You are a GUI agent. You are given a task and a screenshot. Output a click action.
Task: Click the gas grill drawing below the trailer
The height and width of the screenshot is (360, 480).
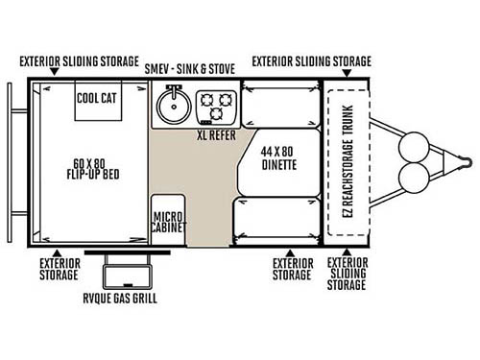click(x=120, y=274)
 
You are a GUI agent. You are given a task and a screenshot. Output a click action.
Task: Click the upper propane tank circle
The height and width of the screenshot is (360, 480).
click(x=416, y=146)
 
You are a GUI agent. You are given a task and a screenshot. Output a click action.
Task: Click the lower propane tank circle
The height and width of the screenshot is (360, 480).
click(x=416, y=179)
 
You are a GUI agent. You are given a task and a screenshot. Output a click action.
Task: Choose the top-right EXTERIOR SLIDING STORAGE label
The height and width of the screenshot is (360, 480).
click(x=311, y=60)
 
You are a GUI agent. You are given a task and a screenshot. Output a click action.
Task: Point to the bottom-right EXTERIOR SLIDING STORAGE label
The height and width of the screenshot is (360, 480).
click(x=348, y=273)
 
